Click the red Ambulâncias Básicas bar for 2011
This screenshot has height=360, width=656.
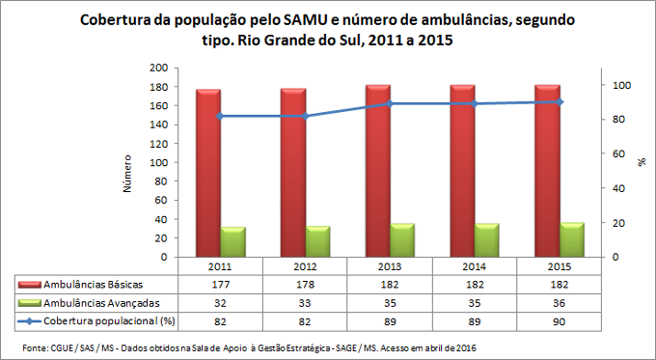tap(207, 174)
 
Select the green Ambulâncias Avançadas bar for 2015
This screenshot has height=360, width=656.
tap(572, 240)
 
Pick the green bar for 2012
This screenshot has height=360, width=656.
tap(317, 241)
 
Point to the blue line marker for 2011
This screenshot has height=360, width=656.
tap(220, 116)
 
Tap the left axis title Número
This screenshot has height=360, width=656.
tap(126, 174)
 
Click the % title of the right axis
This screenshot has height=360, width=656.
tap(641, 162)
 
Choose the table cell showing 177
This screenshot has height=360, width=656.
tap(220, 285)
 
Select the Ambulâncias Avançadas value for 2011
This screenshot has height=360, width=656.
tap(220, 302)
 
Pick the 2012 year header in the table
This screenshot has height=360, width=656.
tap(305, 266)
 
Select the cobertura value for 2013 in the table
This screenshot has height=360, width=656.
tap(390, 319)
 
